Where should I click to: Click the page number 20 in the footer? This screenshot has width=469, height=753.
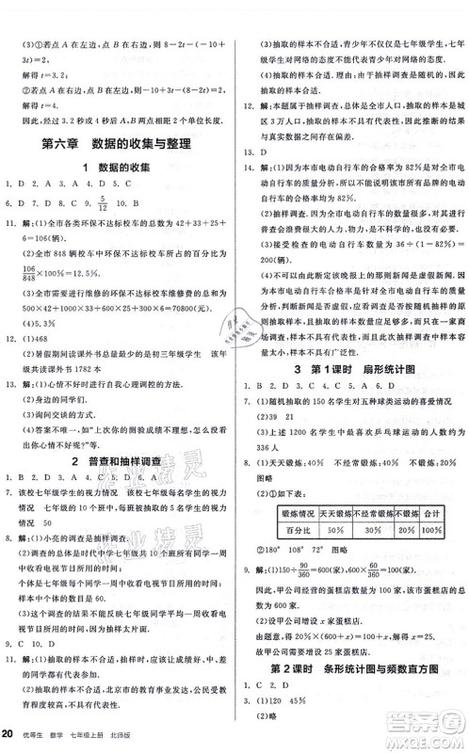[9, 734]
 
